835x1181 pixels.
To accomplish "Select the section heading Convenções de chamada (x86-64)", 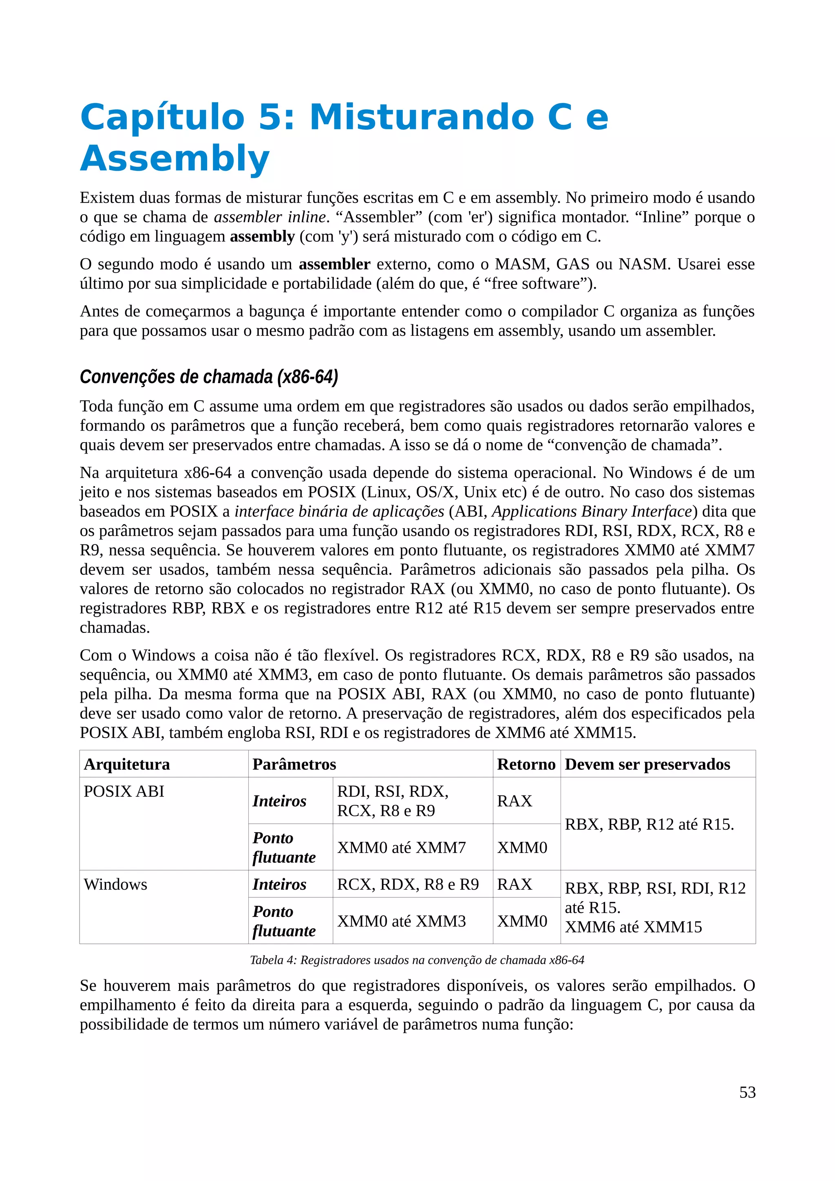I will tap(208, 377).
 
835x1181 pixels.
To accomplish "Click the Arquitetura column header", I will tap(126, 765).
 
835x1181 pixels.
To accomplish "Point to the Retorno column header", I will tap(526, 765).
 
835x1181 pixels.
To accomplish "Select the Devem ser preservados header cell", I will tap(647, 765).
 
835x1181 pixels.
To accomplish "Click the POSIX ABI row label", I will tap(124, 791).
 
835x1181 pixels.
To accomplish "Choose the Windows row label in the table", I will tap(115, 884).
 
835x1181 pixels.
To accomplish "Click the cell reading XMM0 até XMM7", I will tap(401, 847).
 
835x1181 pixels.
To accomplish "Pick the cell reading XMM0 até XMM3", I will tap(401, 921).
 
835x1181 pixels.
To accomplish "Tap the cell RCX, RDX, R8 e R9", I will tap(407, 884).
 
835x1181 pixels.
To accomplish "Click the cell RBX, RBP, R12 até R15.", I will tap(649, 824).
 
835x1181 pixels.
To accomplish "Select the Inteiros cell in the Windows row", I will tap(279, 884).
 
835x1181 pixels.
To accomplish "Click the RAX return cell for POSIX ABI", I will tap(515, 801).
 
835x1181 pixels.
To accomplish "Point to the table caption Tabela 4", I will tap(417, 960).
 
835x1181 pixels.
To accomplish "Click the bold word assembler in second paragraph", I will tap(334, 264).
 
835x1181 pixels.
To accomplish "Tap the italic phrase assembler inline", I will tap(269, 217).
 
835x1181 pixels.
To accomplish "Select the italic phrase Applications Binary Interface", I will tap(592, 511).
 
